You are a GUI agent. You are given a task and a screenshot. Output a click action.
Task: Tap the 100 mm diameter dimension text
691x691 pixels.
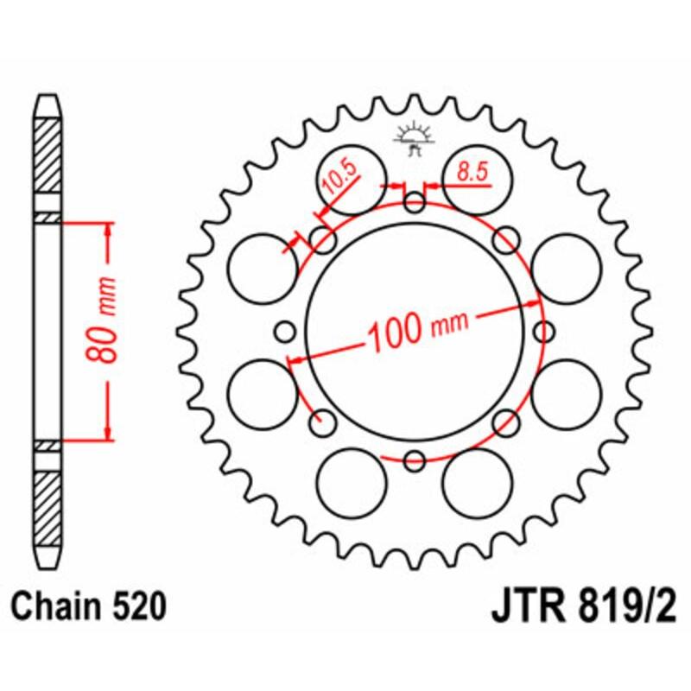pos(417,327)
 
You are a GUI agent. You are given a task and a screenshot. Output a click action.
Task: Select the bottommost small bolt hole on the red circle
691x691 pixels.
pos(415,460)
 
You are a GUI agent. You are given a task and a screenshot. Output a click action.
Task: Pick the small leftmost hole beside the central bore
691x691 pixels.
pos(285,331)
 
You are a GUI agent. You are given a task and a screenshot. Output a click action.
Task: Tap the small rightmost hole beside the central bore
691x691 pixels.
pos(543,331)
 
